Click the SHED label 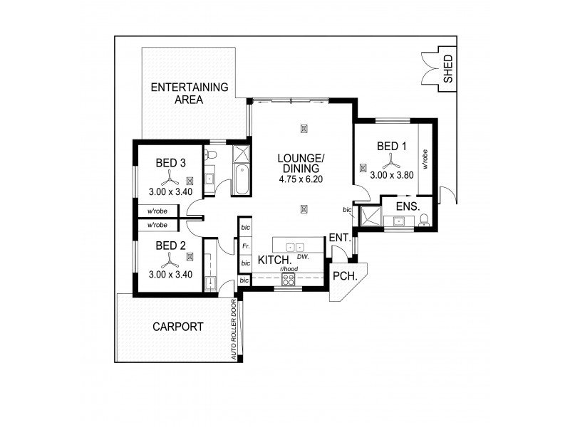pos(447,69)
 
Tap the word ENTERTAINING pos(189,88)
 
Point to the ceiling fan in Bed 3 pos(170,178)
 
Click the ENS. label pos(408,206)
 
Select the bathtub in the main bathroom pos(241,180)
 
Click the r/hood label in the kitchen pos(289,270)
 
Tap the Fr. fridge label pos(244,246)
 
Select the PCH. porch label pos(345,275)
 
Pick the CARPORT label pos(178,327)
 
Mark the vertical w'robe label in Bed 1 pos(425,159)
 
